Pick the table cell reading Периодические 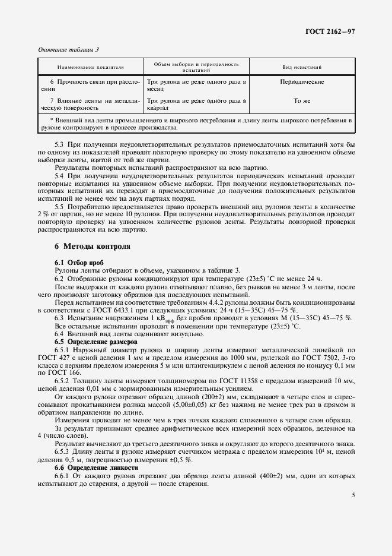301,81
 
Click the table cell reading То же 302,101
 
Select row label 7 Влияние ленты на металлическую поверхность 94,105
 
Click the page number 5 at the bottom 353,495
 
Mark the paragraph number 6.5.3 63,453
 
